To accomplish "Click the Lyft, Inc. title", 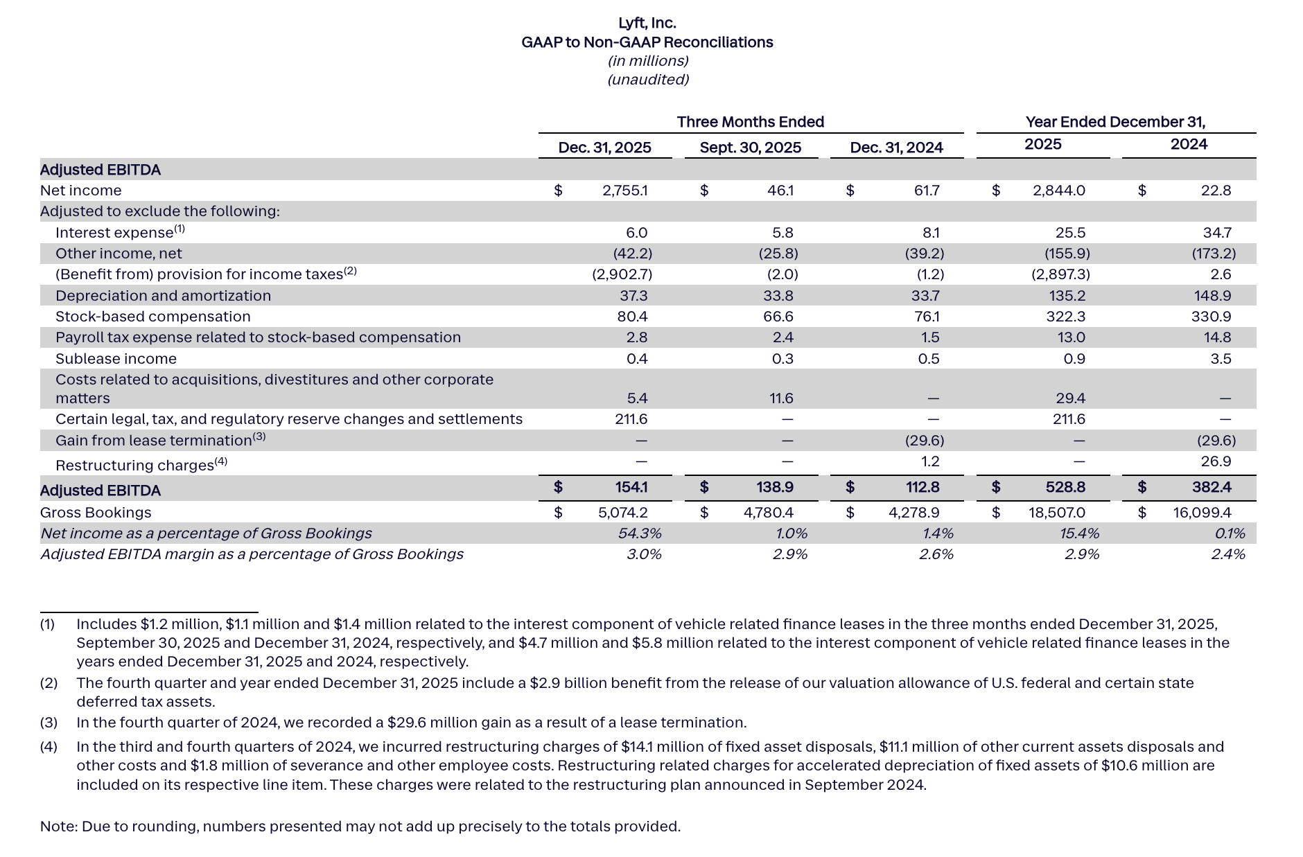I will (647, 24).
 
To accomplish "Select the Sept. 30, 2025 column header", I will (750, 148).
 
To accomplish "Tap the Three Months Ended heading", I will (750, 122).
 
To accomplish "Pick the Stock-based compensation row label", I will (152, 317).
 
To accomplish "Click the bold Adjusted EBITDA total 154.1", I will (631, 488).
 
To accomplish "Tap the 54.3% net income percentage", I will (639, 533).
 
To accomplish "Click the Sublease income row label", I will (116, 359).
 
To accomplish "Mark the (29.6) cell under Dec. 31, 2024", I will (924, 441).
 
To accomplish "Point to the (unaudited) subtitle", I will (647, 80).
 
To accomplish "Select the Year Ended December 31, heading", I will (1115, 122).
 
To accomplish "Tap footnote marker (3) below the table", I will (49, 723).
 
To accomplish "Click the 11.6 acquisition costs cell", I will (781, 398).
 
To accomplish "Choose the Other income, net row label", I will (119, 254).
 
